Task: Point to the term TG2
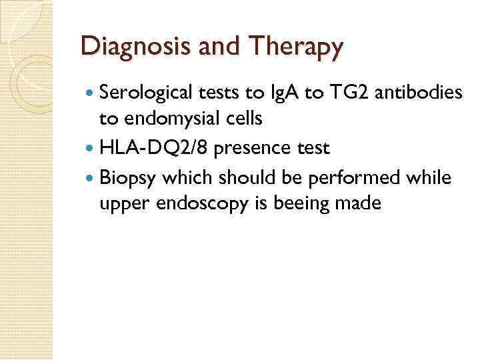(x=345, y=93)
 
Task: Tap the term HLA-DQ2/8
(x=153, y=148)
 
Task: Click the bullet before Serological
(x=89, y=93)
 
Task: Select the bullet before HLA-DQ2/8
(x=89, y=149)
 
